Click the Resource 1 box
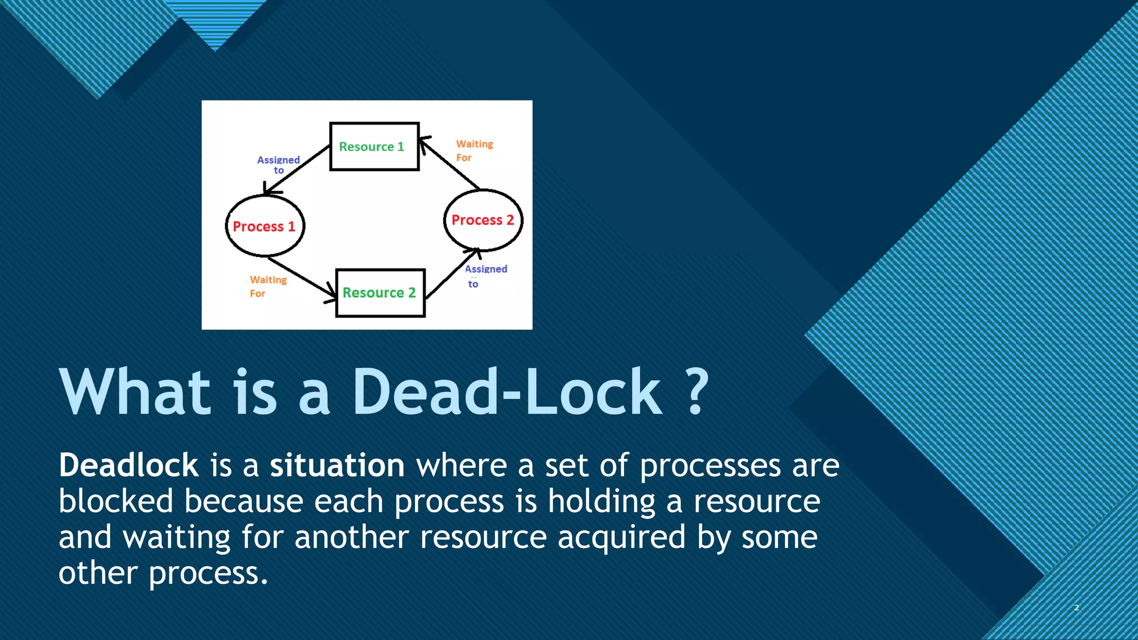click(x=374, y=147)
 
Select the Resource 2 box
click(x=380, y=293)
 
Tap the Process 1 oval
click(x=264, y=226)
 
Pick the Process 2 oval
click(x=483, y=220)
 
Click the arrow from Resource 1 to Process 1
click(x=297, y=170)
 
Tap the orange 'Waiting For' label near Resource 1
click(x=474, y=151)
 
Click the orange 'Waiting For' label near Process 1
click(x=268, y=286)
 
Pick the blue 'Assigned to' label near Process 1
click(x=278, y=164)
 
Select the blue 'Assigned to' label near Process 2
click(x=485, y=276)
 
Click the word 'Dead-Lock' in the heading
click(x=507, y=392)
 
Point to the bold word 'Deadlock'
click(x=128, y=466)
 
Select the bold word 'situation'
click(x=337, y=466)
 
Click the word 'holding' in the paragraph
click(x=602, y=502)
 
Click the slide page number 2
click(x=1076, y=608)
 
